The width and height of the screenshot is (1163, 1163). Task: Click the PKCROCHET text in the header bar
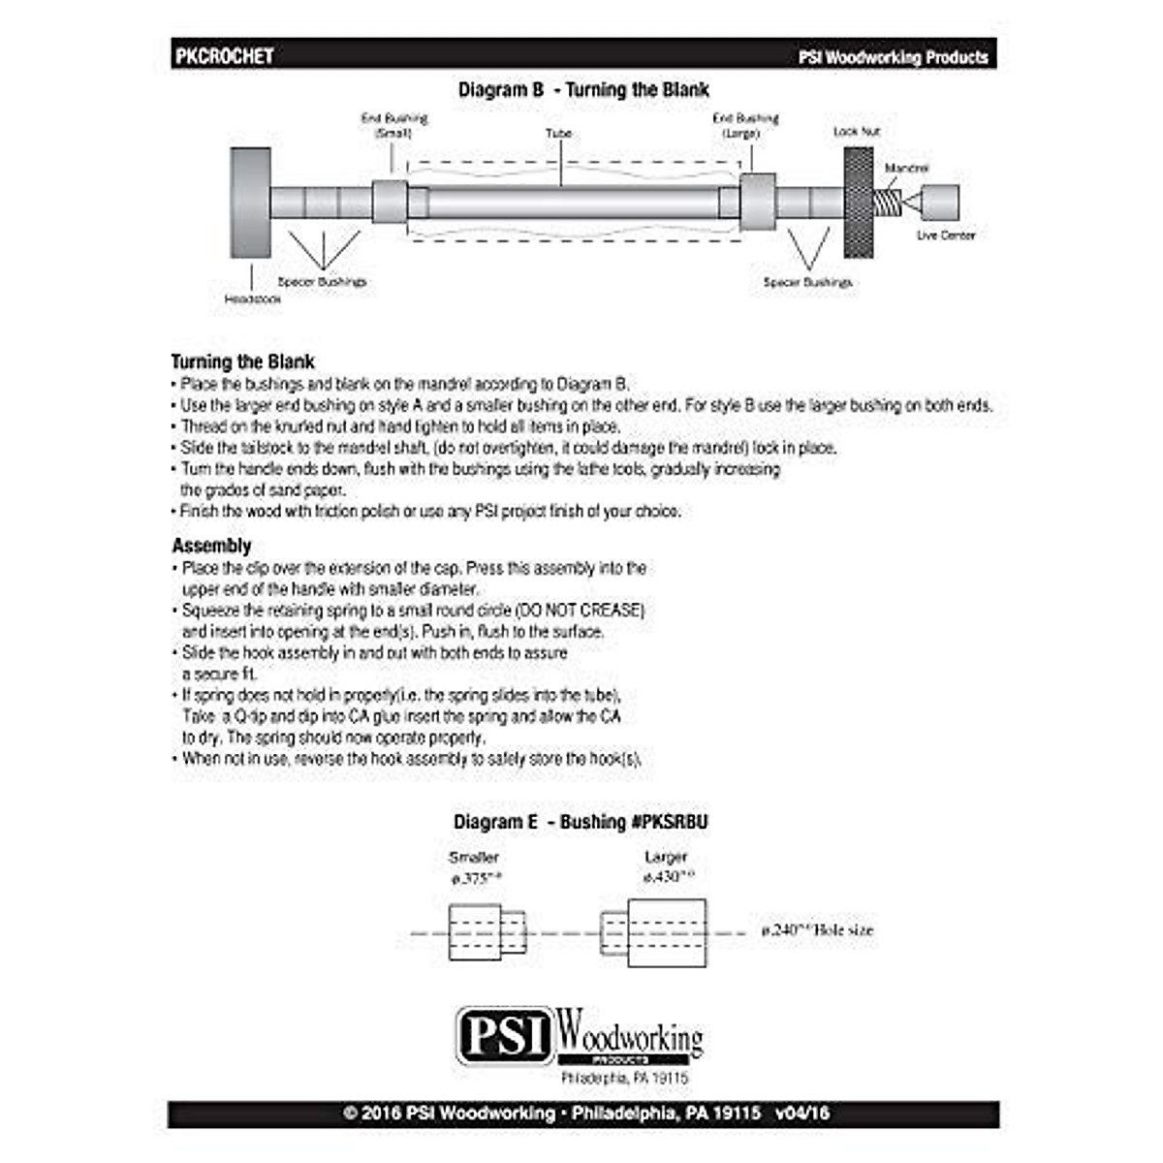(x=224, y=56)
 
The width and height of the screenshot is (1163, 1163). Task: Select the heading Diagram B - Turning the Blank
(x=583, y=90)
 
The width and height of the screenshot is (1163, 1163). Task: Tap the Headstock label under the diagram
(x=253, y=299)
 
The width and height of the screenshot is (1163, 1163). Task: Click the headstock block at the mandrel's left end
(x=250, y=203)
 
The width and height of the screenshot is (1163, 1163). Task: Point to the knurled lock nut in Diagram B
(x=859, y=203)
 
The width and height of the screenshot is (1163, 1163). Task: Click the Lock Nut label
(x=857, y=131)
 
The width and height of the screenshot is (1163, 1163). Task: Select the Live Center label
(x=945, y=235)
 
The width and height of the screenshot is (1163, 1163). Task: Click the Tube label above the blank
(x=558, y=133)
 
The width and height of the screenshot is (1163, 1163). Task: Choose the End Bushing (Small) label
(x=393, y=125)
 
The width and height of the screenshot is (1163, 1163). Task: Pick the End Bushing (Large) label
(x=745, y=125)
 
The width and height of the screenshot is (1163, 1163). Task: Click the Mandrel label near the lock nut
(x=906, y=168)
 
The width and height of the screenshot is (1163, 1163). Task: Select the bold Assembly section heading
(x=211, y=546)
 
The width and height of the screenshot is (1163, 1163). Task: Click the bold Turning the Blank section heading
(x=243, y=362)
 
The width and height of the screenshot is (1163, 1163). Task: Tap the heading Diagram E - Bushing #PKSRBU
(x=581, y=822)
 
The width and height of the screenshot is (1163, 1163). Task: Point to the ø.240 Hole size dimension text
(x=817, y=930)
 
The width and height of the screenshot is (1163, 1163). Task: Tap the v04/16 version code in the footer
(x=802, y=1114)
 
